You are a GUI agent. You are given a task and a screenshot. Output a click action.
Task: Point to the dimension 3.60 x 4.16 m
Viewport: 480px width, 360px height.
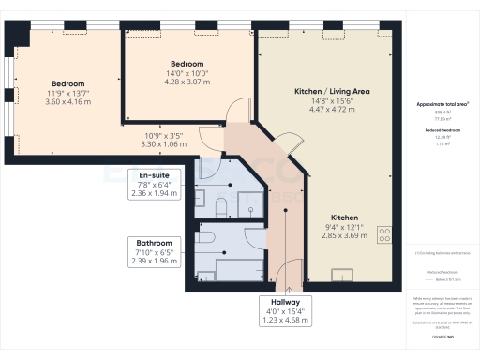[68, 100]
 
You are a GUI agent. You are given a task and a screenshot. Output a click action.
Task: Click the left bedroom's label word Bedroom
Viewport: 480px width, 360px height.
[68, 82]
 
